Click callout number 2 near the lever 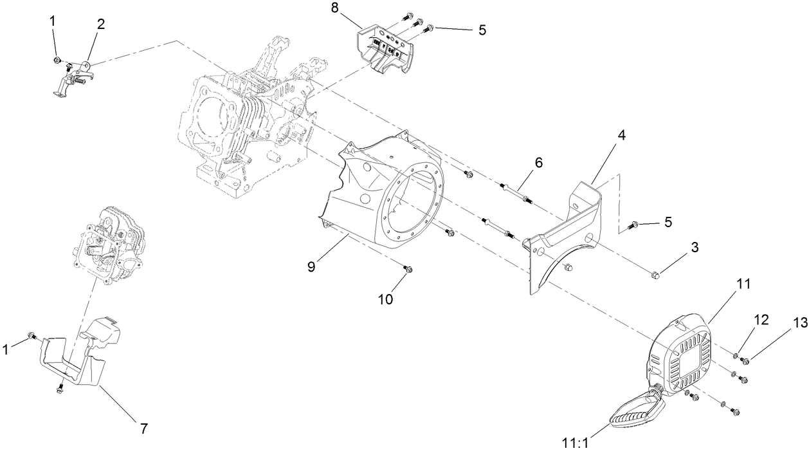100,25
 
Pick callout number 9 311,266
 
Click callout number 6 538,163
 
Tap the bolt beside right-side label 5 633,225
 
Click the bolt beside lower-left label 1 32,336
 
